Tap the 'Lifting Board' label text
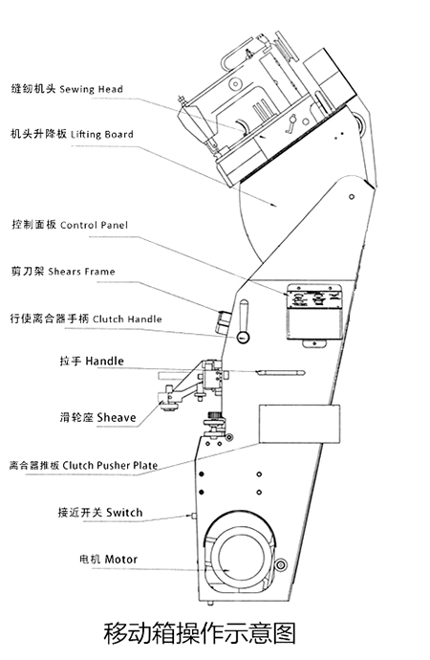tap(102, 134)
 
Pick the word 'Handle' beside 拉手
tap(104, 363)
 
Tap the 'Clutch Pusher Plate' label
tap(111, 466)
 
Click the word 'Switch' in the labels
tap(124, 513)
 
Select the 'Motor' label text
tap(121, 559)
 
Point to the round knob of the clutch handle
tap(244, 337)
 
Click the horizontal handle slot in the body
tap(283, 371)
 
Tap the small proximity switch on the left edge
tap(194, 517)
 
